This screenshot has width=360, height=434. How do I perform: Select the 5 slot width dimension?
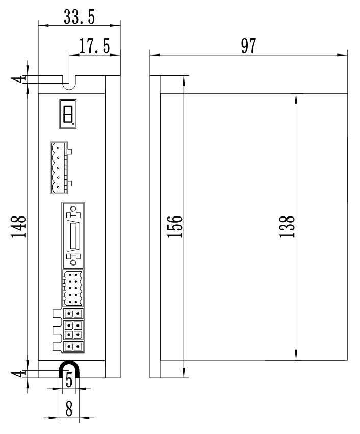pyautogui.click(x=68, y=380)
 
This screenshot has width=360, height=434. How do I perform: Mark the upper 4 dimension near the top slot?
pyautogui.click(x=21, y=78)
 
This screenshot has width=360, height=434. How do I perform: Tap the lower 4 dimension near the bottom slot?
pyautogui.click(x=21, y=373)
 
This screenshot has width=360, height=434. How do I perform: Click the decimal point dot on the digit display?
pyautogui.click(x=74, y=123)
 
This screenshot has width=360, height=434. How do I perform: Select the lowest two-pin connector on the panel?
pyautogui.click(x=73, y=347)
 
